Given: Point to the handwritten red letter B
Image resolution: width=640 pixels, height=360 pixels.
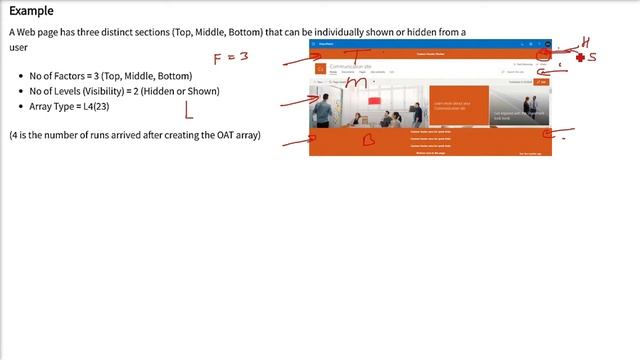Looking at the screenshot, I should (368, 140).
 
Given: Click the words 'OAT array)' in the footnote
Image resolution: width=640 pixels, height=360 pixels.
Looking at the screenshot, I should (236, 135).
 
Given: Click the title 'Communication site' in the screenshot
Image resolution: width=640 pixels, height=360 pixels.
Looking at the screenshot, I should (352, 66).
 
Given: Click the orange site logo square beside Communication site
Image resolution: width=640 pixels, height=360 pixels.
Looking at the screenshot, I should (321, 67).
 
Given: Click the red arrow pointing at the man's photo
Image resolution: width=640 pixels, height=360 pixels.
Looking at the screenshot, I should (297, 100).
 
